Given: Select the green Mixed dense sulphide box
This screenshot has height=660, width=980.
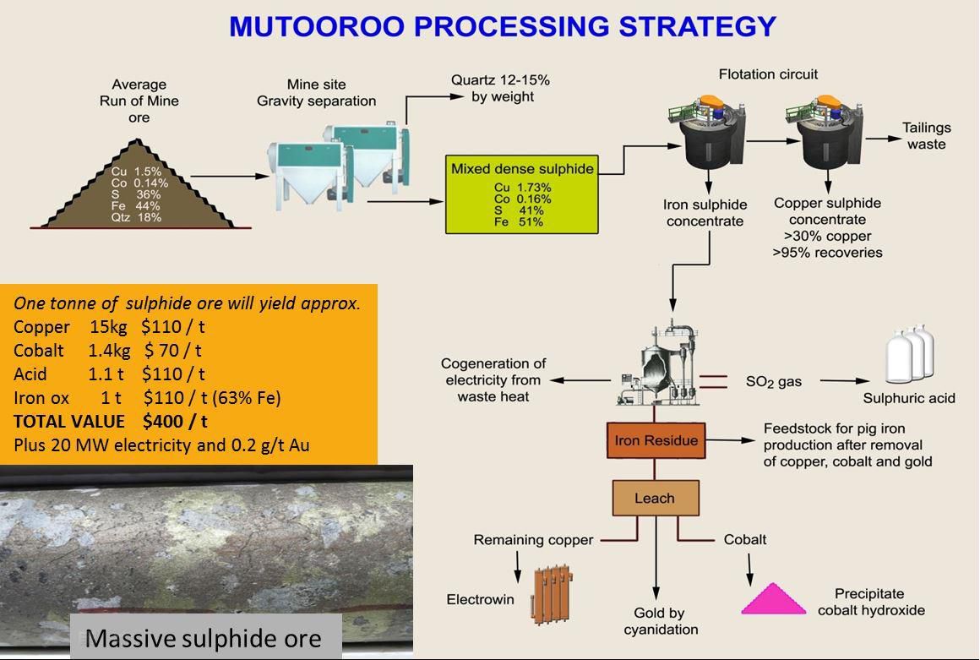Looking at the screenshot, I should (521, 194).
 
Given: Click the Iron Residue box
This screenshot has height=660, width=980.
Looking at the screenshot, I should (656, 440).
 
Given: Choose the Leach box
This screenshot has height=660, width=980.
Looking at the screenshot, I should (655, 498).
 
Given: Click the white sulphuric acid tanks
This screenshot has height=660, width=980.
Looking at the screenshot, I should (909, 356).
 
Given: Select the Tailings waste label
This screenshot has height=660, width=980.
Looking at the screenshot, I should (926, 136).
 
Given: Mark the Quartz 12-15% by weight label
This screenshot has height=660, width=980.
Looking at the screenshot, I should (500, 88).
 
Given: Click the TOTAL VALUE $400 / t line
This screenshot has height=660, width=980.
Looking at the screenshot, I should (111, 421).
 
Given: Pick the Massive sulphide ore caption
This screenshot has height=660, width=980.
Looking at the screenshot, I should (204, 638).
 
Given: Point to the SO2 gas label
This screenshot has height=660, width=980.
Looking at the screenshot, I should (774, 382).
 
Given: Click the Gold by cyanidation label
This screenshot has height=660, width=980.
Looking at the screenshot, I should (661, 621).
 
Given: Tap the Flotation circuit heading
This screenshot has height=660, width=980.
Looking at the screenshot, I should (768, 74).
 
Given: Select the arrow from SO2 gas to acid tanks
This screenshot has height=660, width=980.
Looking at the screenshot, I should (845, 381).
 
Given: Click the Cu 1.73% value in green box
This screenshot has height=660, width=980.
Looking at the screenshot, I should (522, 188).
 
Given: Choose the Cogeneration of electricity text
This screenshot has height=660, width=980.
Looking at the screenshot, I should (493, 380).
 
